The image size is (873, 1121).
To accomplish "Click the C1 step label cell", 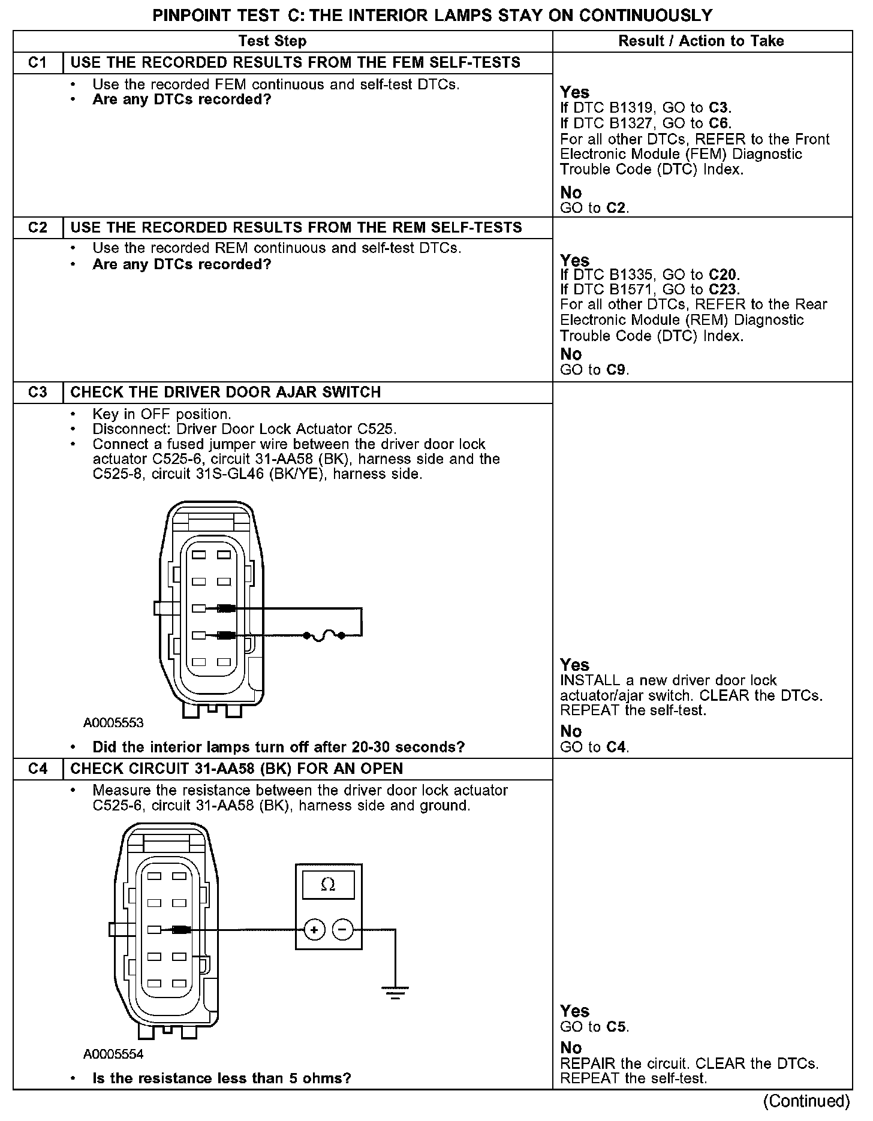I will tap(38, 63).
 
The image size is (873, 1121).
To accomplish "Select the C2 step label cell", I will tap(38, 228).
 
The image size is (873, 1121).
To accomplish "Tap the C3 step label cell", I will tap(38, 393).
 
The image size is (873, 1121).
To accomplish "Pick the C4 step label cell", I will tap(38, 769).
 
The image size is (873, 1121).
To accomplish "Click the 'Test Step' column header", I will tap(272, 41).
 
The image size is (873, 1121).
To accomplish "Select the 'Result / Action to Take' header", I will tap(701, 41).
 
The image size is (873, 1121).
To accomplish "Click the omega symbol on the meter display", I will tap(328, 885).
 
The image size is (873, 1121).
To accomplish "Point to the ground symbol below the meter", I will tap(395, 993).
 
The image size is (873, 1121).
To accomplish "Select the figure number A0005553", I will tap(113, 723).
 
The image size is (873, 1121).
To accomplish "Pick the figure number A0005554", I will tap(113, 1054).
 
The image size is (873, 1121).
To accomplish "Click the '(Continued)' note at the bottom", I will tap(806, 1101).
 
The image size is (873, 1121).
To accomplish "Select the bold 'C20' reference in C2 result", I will tap(724, 275).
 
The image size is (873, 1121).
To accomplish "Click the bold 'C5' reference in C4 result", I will tap(617, 1027).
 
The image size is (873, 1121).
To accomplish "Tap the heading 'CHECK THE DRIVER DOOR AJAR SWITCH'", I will tap(225, 393).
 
